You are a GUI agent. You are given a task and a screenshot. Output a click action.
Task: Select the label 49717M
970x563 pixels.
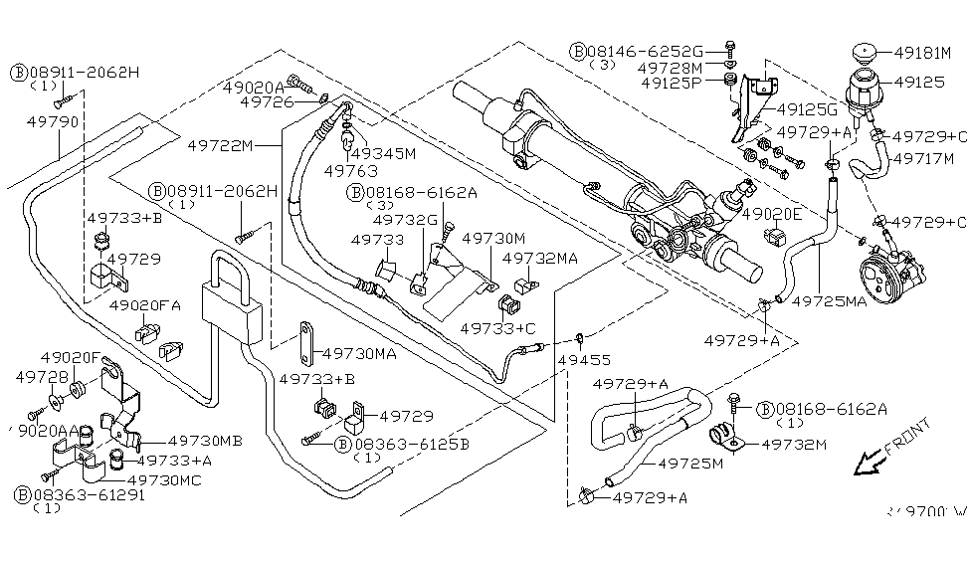(x=923, y=158)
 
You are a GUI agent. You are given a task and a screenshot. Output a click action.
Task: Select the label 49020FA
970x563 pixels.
(x=144, y=305)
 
